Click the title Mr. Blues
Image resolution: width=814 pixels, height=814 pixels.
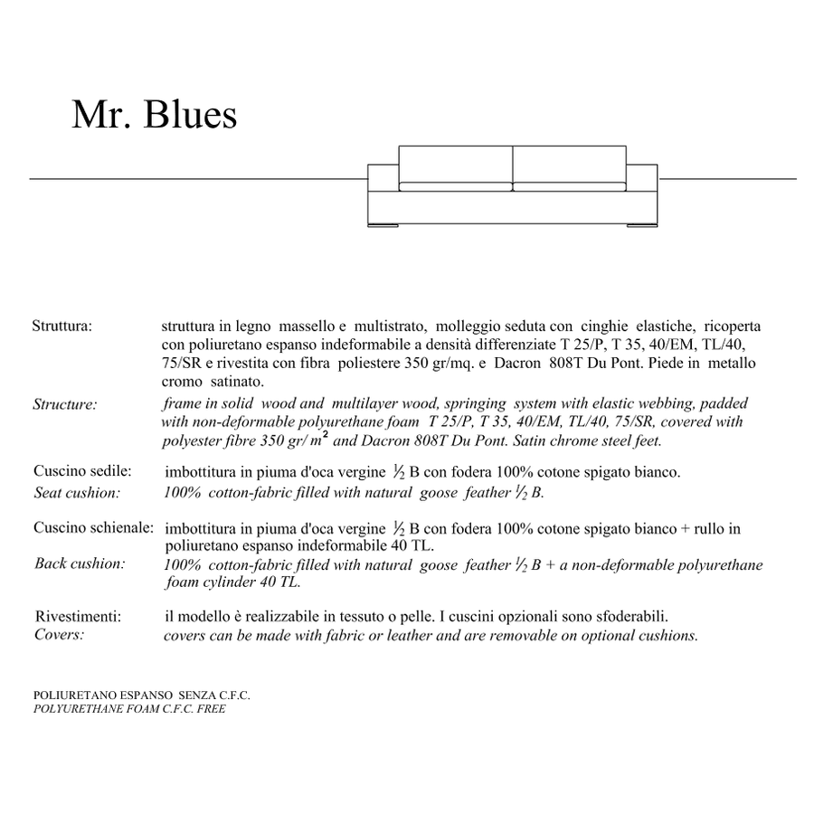pos(154,115)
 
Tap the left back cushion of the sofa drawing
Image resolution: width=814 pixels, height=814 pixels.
pos(456,164)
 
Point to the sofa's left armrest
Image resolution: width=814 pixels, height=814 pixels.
pos(383,176)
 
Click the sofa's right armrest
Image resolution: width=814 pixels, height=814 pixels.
pos(644,176)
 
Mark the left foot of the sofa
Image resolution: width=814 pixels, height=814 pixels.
pos(384,223)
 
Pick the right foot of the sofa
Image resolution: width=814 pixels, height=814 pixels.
pos(641,223)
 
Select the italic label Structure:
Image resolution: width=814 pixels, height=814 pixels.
pos(64,404)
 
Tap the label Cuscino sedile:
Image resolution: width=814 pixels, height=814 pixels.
pos(83,471)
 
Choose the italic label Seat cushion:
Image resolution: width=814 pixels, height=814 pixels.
pos(77,493)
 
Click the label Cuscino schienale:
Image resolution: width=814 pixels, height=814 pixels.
pos(93,527)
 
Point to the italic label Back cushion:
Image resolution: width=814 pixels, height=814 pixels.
pos(80,563)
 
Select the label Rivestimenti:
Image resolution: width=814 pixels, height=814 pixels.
pos(79,616)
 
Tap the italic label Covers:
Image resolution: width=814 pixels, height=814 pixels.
pos(59,634)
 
